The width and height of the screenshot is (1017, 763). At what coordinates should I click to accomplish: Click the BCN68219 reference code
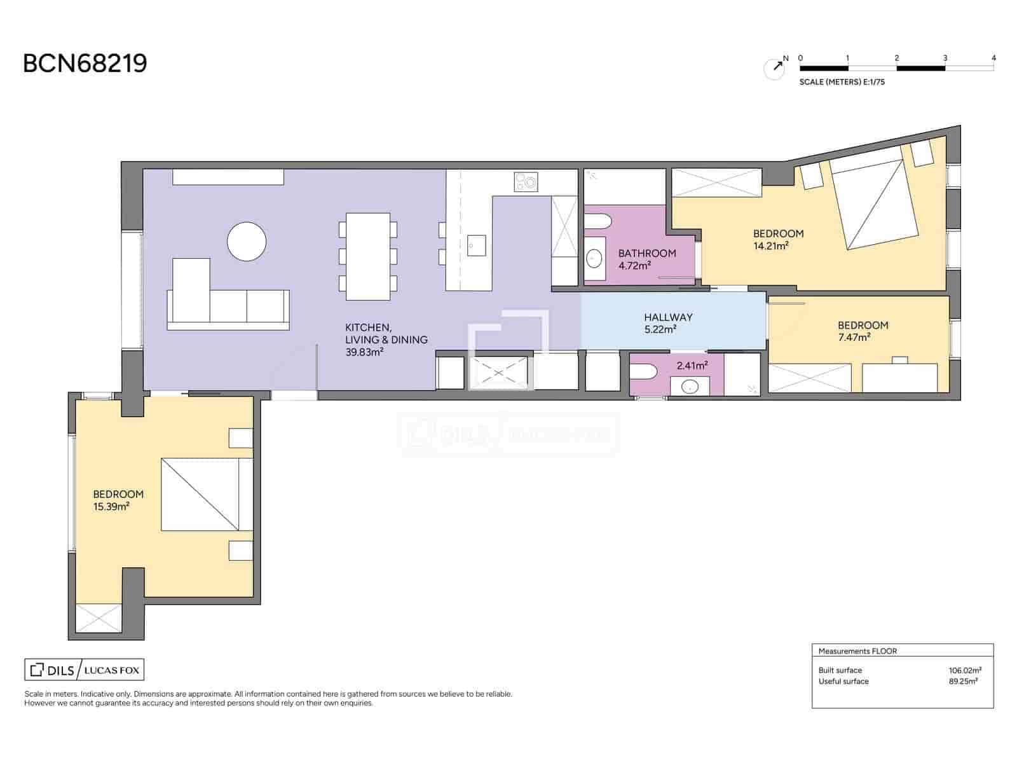pyautogui.click(x=85, y=64)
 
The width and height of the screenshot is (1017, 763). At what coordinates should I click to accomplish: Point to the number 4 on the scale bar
pyautogui.click(x=993, y=58)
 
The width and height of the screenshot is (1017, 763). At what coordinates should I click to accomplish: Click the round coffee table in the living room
pyautogui.click(x=247, y=242)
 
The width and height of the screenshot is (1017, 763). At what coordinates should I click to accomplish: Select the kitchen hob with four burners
pyautogui.click(x=526, y=182)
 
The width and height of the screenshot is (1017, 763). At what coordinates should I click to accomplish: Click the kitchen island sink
pyautogui.click(x=476, y=245)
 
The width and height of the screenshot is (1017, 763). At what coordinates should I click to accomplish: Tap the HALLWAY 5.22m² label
pyautogui.click(x=667, y=323)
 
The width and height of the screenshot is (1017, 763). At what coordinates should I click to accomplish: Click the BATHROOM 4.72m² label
pyautogui.click(x=646, y=259)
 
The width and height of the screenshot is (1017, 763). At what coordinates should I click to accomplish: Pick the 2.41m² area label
pyautogui.click(x=692, y=366)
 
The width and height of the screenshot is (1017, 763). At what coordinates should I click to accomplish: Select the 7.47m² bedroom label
pyautogui.click(x=862, y=331)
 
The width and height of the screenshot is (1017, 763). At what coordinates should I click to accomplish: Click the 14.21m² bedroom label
pyautogui.click(x=778, y=240)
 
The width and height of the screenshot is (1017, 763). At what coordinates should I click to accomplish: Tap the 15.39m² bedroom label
pyautogui.click(x=118, y=500)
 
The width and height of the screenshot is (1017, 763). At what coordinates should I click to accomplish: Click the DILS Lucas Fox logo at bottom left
pyautogui.click(x=85, y=670)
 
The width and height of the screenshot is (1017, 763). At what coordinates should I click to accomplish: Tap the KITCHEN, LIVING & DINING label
pyautogui.click(x=386, y=340)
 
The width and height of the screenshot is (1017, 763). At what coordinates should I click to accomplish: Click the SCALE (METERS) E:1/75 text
pyautogui.click(x=842, y=82)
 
